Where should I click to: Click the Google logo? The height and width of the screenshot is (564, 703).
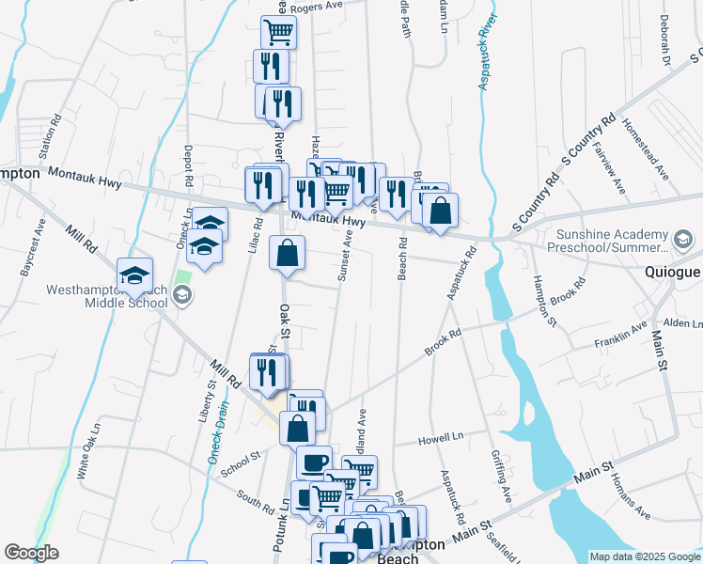31,553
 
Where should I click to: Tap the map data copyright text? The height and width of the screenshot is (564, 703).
645,556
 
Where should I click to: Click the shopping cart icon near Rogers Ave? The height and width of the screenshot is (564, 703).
279,32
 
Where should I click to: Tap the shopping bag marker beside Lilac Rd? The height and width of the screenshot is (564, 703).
288,253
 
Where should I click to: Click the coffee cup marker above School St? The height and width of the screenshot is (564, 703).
314,462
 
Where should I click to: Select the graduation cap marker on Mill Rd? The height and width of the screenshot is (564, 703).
135,275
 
